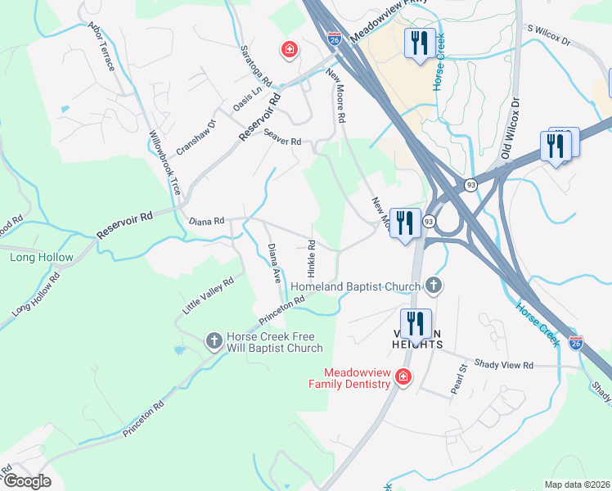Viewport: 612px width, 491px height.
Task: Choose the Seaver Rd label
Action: pos(282,141)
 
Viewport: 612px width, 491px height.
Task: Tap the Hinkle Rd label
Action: pos(312,257)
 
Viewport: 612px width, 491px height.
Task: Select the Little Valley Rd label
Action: pos(208,295)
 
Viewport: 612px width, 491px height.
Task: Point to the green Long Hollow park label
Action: pos(42,258)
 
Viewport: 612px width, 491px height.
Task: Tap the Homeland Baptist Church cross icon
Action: pos(434,286)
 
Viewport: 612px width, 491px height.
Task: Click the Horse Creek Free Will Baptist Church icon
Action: pos(214,340)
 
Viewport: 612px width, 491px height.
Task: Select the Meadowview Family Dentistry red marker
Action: pos(403,376)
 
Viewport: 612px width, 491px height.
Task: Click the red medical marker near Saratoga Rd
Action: pos(289,50)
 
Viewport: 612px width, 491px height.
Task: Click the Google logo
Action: pos(27,481)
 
